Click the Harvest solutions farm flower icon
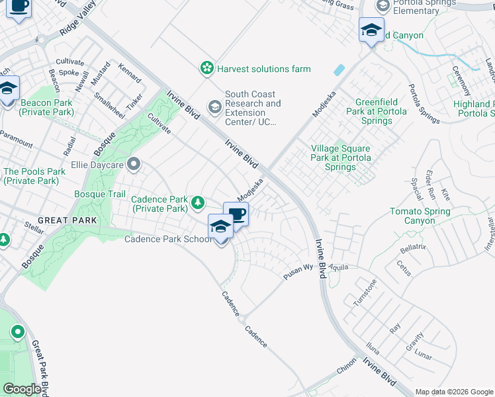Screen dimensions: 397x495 207,68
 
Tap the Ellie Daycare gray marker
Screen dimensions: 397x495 134,163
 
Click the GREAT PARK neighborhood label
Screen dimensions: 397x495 67,220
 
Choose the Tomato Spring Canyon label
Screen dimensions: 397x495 420,216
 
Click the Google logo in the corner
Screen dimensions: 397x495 22,390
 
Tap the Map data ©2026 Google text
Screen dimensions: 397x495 453,392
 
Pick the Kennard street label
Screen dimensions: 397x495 130,73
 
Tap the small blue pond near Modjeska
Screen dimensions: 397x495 339,69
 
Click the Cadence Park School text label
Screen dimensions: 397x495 169,239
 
